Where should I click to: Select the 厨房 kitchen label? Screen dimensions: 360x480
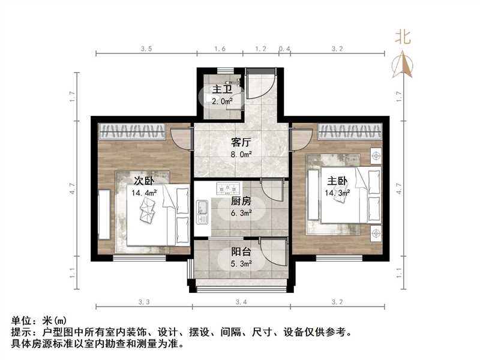pyautogui.click(x=241, y=202)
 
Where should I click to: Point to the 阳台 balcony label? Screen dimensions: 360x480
pyautogui.click(x=241, y=253)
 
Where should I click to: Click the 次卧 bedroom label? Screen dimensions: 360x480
pyautogui.click(x=143, y=180)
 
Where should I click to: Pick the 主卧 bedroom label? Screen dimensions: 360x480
pyautogui.click(x=337, y=180)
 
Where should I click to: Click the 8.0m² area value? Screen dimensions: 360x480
pyautogui.click(x=241, y=154)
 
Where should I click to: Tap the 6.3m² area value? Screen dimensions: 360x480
pyautogui.click(x=241, y=212)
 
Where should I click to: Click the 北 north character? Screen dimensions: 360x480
pyautogui.click(x=403, y=37)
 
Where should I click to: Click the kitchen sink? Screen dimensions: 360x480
pyautogui.click(x=202, y=209)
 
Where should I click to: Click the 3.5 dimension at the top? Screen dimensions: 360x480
pyautogui.click(x=146, y=48)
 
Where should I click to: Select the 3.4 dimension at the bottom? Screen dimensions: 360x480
pyautogui.click(x=241, y=301)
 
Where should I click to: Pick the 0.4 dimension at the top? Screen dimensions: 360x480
pyautogui.click(x=284, y=48)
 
